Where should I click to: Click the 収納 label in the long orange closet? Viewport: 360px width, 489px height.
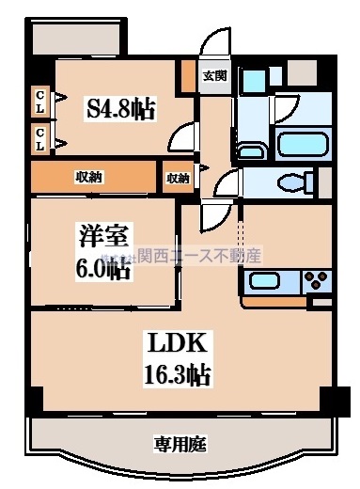point(89,176)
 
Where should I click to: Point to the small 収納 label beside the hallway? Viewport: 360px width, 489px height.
point(178,177)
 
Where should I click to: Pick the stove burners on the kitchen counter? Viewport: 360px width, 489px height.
point(315,279)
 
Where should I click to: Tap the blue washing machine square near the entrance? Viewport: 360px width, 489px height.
point(252,82)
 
